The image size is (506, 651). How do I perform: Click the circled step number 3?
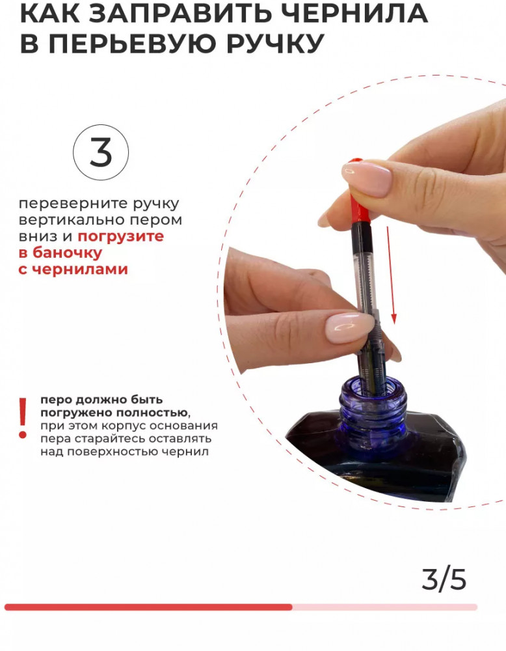[101, 152]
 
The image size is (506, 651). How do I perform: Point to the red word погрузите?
[121, 237]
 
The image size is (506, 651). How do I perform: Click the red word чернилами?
[79, 269]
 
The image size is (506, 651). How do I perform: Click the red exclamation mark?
[23, 418]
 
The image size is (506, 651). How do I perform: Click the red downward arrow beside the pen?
[392, 275]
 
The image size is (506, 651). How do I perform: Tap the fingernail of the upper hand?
[367, 178]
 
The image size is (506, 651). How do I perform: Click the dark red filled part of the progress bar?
[148, 607]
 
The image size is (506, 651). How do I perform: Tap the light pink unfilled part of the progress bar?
[385, 607]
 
